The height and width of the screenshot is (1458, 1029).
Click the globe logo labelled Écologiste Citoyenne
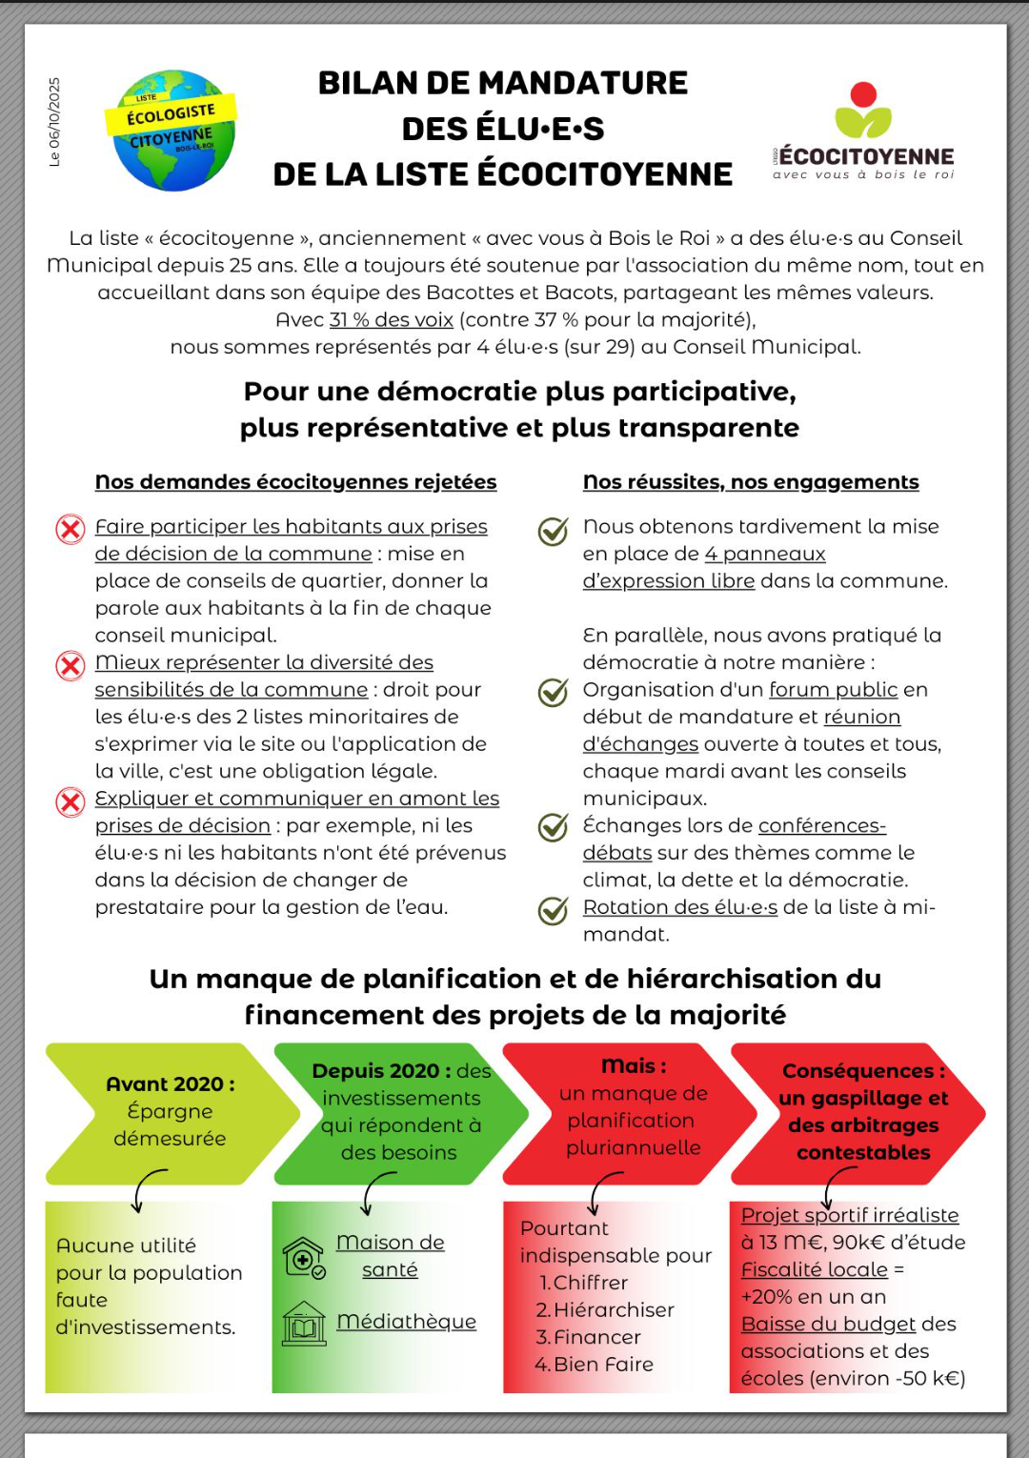(171, 131)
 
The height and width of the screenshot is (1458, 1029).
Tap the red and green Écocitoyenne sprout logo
(863, 111)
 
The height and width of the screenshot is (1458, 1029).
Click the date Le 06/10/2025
(54, 122)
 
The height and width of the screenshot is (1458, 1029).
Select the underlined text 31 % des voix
(391, 320)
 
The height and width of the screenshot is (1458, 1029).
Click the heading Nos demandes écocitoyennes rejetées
(295, 482)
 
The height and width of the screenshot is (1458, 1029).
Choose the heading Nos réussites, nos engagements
(751, 482)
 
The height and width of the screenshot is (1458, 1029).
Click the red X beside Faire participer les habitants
(71, 529)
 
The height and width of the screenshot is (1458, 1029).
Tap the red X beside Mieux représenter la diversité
(71, 665)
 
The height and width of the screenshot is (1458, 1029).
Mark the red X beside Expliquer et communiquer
(71, 801)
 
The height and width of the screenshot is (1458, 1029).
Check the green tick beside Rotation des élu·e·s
(553, 911)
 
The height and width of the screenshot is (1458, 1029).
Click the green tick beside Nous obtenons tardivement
(553, 531)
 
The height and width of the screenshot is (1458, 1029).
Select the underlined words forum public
(834, 690)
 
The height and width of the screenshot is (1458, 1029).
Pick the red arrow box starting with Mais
(629, 1113)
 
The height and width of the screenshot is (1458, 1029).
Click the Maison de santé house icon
(304, 1257)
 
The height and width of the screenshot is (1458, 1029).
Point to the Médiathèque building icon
(304, 1324)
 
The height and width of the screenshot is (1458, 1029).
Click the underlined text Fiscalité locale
(815, 1270)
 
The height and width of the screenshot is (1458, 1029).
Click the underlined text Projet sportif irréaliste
(850, 1216)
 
